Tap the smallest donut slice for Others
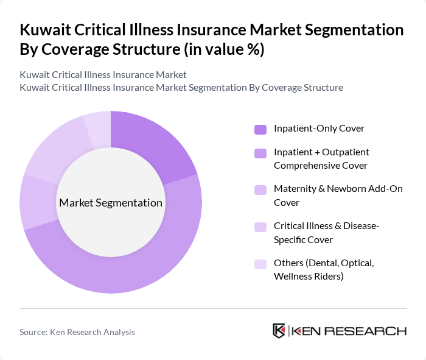[x=98, y=129]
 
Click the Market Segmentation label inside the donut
[x=111, y=203]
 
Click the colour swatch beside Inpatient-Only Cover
[x=260, y=129]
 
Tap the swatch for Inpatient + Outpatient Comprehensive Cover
[x=260, y=153]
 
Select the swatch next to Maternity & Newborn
[x=260, y=189]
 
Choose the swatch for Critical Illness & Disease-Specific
[x=260, y=227]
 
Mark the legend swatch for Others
[x=260, y=264]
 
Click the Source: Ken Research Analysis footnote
[x=77, y=332]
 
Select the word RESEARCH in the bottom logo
[x=371, y=331]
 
